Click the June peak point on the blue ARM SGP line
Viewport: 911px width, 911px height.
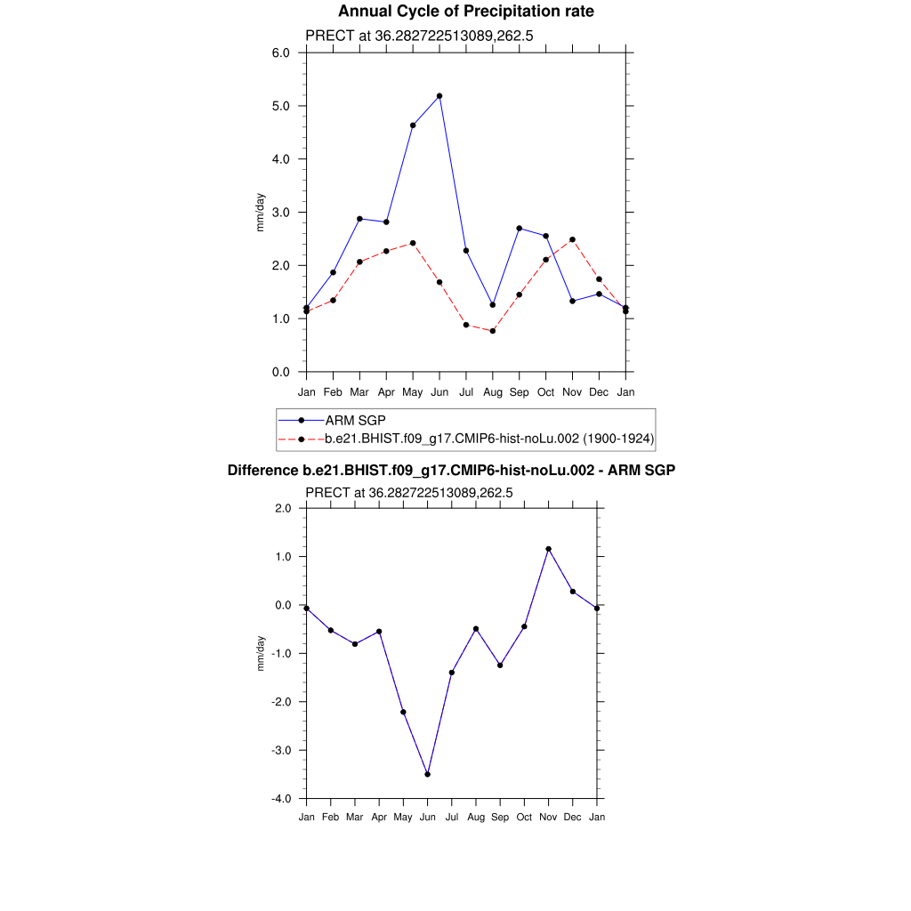[x=439, y=96]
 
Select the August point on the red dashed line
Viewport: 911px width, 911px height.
[x=493, y=331]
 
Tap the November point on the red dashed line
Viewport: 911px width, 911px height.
[x=573, y=239]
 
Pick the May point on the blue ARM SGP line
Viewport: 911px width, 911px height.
[x=413, y=125]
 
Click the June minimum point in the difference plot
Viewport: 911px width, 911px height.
[x=428, y=775]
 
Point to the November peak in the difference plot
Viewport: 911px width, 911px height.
[x=549, y=549]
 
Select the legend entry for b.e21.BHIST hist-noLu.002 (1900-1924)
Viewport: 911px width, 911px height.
[x=489, y=439]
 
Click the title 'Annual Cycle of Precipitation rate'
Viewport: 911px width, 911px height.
[x=465, y=12]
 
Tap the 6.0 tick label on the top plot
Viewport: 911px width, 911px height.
[x=281, y=52]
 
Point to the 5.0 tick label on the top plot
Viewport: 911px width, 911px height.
[x=281, y=106]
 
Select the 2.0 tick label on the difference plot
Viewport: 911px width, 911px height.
[x=283, y=509]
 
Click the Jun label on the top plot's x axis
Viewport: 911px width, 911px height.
[x=439, y=392]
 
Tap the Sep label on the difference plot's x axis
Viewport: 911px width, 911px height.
[x=500, y=817]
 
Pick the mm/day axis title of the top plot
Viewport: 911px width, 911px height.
[x=261, y=212]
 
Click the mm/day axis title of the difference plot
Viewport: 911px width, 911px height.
[x=261, y=653]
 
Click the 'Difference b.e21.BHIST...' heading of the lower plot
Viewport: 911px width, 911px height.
[x=451, y=470]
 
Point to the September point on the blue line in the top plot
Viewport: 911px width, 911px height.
[x=520, y=229]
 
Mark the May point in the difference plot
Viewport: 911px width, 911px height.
[x=403, y=712]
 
